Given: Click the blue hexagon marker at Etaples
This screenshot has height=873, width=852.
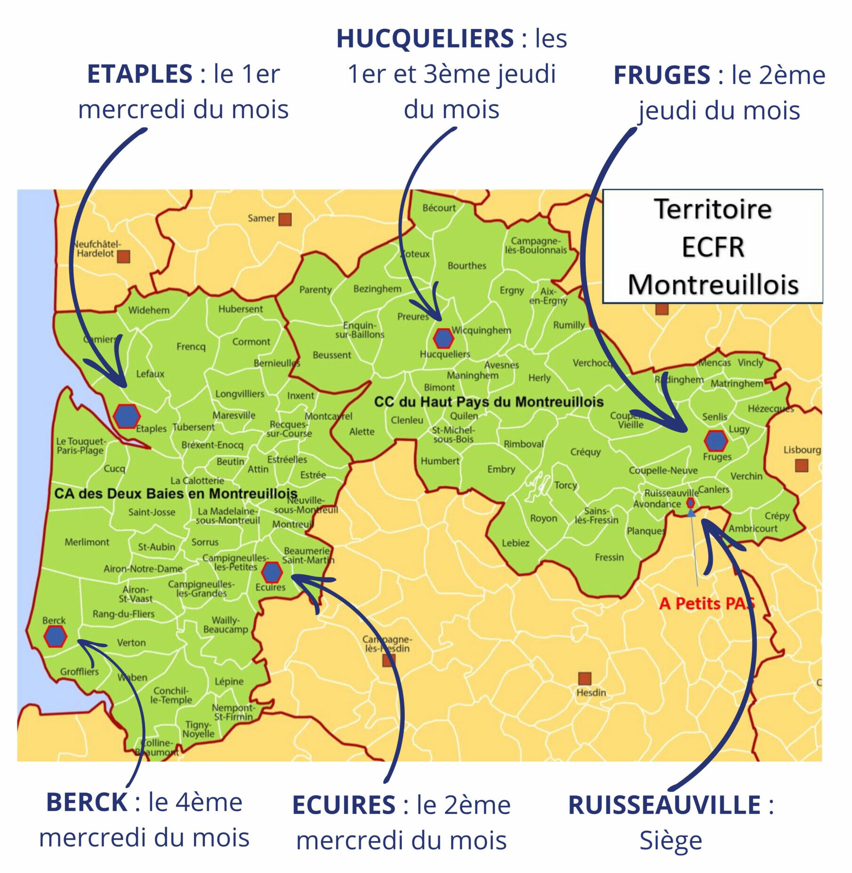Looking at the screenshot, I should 127,416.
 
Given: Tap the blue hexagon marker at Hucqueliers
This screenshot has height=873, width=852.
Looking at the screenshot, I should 443,338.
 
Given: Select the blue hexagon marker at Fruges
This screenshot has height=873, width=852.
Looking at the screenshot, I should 716,441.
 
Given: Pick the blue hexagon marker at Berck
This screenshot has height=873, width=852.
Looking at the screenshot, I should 55,637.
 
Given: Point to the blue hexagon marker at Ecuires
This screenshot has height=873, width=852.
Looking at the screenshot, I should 272,572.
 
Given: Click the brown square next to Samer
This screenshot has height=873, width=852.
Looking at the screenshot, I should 285,219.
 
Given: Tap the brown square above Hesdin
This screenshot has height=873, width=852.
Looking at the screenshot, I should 585,679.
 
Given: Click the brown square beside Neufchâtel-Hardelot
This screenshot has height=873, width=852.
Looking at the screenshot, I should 123,257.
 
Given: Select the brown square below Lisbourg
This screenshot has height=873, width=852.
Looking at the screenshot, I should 802,466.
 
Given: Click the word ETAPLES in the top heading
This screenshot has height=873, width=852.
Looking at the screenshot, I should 140,74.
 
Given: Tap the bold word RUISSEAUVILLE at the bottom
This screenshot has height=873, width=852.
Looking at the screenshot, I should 664,805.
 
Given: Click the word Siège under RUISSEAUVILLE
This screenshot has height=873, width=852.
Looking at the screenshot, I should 670,841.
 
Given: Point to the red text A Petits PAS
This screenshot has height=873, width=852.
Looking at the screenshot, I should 706,603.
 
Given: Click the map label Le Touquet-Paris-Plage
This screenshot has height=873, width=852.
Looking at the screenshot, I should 81,445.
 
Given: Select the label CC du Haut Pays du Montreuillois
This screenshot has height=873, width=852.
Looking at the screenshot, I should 489,402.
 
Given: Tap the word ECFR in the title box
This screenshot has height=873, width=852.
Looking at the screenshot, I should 713,247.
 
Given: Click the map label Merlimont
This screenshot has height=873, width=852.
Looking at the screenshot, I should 87,542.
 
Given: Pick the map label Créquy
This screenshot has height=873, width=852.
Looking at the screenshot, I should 586,452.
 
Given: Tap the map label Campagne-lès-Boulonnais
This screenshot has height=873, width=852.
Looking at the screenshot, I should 536,245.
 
